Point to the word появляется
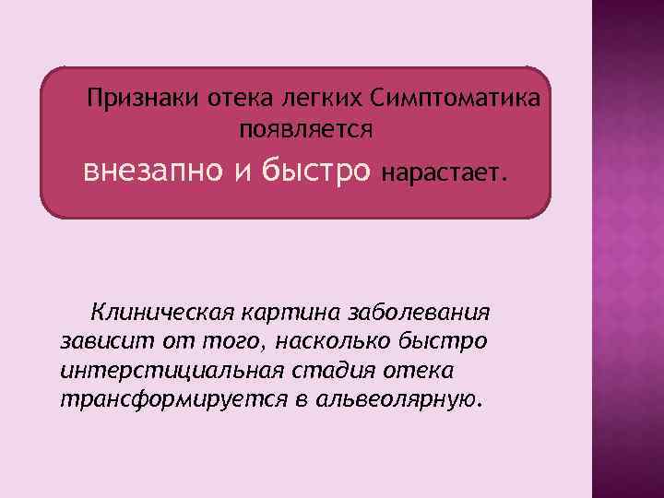coord(305,127)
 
